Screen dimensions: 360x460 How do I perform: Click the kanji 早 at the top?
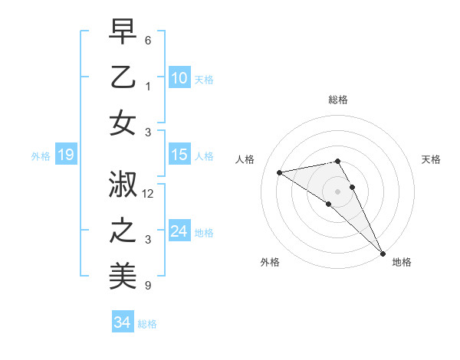click(123, 32)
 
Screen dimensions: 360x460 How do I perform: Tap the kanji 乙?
click(123, 77)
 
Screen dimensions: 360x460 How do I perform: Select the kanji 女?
click(123, 123)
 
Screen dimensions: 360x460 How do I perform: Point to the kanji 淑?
click(123, 185)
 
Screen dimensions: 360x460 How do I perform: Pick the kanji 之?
click(123, 231)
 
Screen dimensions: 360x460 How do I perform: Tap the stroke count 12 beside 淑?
click(149, 194)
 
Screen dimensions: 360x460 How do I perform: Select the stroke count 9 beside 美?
click(148, 286)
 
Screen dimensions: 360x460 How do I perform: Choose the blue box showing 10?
click(179, 78)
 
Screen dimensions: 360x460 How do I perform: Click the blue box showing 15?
click(179, 155)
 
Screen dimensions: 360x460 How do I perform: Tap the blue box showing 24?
click(179, 231)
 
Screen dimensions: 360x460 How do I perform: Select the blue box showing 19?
click(65, 155)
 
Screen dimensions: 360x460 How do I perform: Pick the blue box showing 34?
click(122, 322)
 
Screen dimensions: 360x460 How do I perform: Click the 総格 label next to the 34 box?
click(147, 324)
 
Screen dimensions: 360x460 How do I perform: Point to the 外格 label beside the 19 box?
click(41, 156)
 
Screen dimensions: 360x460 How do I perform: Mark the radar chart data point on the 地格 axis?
click(383, 253)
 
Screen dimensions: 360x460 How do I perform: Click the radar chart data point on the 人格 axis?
click(279, 172)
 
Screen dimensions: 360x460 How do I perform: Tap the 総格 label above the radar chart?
click(337, 100)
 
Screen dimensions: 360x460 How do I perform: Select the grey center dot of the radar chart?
click(337, 191)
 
